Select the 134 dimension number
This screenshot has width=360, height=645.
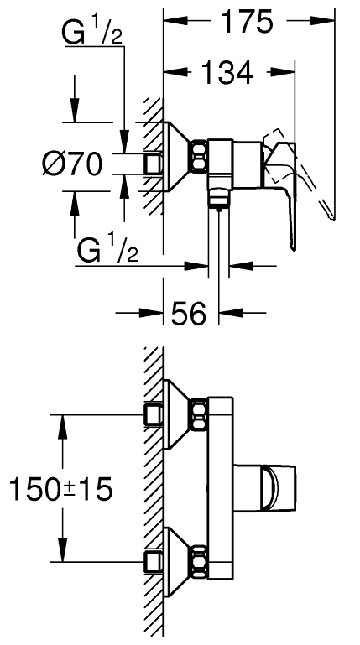[x=227, y=72]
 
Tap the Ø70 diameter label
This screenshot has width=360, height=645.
[x=71, y=164]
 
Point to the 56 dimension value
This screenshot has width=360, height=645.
[x=189, y=313]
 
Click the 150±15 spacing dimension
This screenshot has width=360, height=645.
[x=60, y=489]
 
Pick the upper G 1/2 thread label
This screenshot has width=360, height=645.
[x=91, y=33]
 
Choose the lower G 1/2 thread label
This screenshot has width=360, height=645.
[x=107, y=250]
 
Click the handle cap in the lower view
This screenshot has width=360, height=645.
[x=279, y=489]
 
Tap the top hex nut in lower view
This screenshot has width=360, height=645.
[x=200, y=414]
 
